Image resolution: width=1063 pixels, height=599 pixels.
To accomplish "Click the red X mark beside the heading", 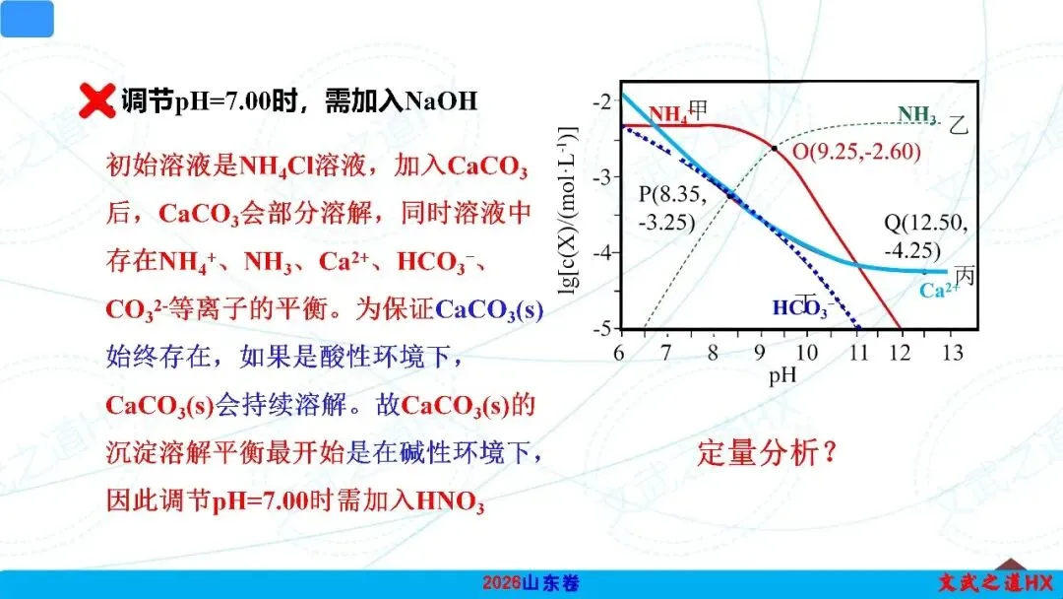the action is (96, 100).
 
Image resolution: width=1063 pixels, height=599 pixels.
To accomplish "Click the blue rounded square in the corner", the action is (28, 19).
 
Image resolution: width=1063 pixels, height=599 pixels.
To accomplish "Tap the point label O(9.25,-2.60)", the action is (857, 151).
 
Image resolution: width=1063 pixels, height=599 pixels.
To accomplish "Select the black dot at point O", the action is (775, 148).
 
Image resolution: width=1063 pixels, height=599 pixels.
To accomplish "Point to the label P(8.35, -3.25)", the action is (672, 208).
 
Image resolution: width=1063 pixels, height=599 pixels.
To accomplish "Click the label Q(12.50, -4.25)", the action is (926, 236).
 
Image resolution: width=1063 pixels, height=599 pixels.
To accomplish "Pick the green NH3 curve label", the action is (917, 114).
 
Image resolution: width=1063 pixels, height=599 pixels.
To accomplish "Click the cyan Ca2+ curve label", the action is (939, 291).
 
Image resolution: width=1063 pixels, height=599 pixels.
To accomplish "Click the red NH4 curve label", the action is (667, 114).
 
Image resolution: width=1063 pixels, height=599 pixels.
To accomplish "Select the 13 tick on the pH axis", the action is (953, 353).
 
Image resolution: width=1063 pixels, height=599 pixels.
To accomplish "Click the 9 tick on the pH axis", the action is (759, 353).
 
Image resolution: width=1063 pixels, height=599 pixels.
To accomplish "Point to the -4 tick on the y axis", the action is (602, 253).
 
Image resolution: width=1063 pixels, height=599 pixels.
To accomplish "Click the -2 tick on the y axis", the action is (602, 101).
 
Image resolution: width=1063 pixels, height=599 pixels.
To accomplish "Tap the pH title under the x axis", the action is (782, 375).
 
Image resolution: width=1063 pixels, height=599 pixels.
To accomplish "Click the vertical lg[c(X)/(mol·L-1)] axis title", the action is (568, 210).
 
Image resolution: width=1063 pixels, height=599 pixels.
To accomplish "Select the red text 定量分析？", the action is (767, 452).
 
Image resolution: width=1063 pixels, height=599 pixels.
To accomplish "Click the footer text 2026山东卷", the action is (531, 582).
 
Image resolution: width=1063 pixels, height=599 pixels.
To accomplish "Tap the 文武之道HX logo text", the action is (995, 582).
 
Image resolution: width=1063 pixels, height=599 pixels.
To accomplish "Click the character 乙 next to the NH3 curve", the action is (958, 125).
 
